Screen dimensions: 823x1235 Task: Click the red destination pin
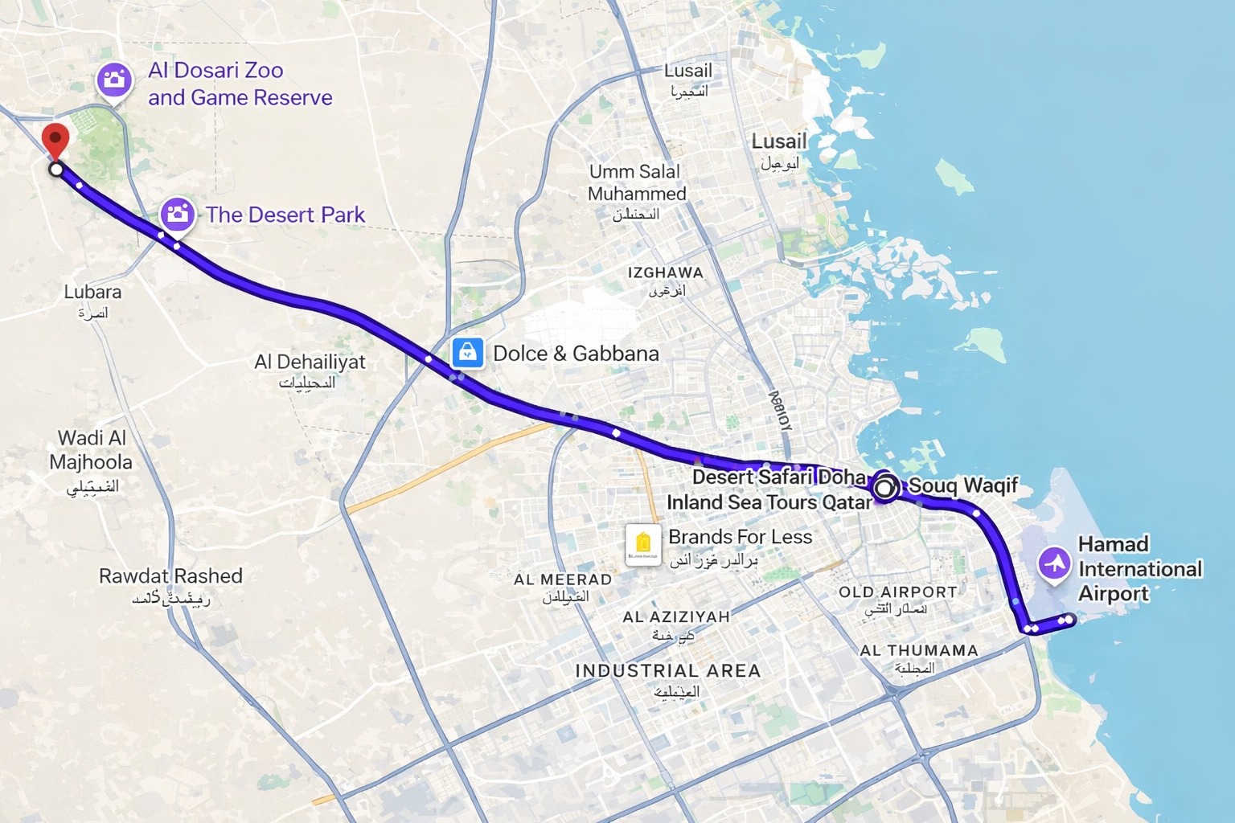click(x=55, y=140)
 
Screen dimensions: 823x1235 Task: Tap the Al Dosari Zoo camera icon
click(x=114, y=80)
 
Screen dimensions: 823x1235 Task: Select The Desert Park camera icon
click(x=177, y=215)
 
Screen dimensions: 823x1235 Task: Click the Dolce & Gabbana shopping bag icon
click(x=467, y=353)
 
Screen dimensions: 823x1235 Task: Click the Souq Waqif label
click(x=963, y=485)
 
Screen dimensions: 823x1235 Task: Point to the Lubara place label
click(x=92, y=292)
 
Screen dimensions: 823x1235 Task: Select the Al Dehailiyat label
click(x=310, y=362)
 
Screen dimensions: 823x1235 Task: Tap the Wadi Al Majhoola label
click(x=91, y=450)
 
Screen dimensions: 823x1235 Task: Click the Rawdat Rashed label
click(x=170, y=575)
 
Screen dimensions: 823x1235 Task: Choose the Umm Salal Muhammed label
click(x=636, y=182)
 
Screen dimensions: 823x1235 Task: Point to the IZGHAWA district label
click(x=665, y=272)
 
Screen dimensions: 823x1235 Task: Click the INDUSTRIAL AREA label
click(x=667, y=670)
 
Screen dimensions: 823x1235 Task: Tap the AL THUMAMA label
click(x=919, y=650)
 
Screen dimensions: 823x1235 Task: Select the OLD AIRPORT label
click(x=897, y=592)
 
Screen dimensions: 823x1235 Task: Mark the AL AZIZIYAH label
click(x=676, y=616)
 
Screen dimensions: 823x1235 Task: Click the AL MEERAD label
click(x=563, y=579)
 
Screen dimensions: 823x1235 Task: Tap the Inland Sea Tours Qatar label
click(x=769, y=502)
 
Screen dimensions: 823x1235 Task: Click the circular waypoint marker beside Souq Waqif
click(x=885, y=487)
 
